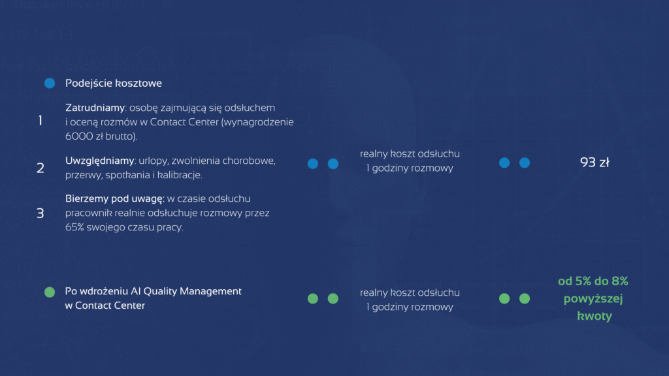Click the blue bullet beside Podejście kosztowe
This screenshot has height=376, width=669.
coord(50,83)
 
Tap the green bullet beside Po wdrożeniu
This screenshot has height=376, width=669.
coord(50,292)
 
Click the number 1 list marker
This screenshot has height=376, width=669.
coord(40,121)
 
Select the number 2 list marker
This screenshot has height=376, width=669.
coord(40,168)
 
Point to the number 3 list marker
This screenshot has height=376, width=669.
coord(40,213)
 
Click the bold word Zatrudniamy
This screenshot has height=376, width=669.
coord(95,108)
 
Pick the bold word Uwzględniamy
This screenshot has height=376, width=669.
coord(99,161)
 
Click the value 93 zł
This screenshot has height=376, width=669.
coord(595,163)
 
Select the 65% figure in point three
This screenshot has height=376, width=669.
coord(74,227)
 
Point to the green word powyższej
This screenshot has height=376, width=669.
coord(593,299)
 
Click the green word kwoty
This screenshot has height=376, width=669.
coord(595,316)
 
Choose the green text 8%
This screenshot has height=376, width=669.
coord(619,281)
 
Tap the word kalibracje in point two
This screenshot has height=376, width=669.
coord(180,175)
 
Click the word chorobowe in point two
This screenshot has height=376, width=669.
coord(249,161)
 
